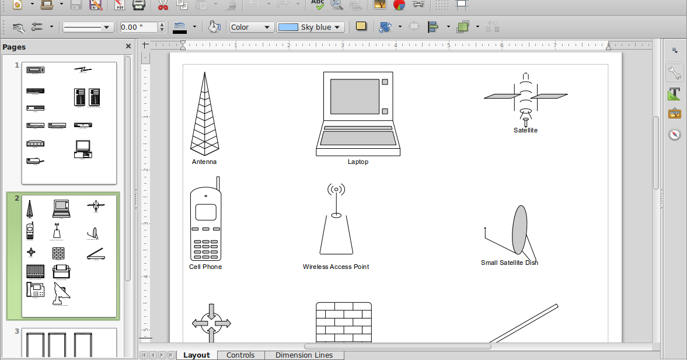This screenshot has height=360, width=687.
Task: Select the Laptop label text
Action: pos(358,162)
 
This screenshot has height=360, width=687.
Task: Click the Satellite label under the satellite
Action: pos(525,130)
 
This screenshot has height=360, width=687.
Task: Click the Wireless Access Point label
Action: pos(336,267)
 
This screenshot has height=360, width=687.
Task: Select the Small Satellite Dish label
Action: pos(509,263)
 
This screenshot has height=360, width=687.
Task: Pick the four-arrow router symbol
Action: pos(211,323)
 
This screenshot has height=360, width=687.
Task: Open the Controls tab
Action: pos(240,355)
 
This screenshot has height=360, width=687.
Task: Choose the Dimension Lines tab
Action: pos(304,355)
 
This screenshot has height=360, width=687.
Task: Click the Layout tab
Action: pos(196,355)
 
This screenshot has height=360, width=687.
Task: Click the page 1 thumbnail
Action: pos(69,123)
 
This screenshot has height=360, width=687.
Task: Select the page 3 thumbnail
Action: pos(69,342)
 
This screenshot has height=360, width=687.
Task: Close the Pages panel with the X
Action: pos(128,47)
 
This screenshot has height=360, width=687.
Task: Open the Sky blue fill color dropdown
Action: pos(311,27)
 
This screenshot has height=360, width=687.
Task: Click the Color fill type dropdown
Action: pos(251,27)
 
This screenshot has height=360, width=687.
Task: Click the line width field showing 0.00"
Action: pos(138,27)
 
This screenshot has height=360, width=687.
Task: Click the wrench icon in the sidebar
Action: pos(675,73)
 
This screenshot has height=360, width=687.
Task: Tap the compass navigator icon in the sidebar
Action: pos(675,134)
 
